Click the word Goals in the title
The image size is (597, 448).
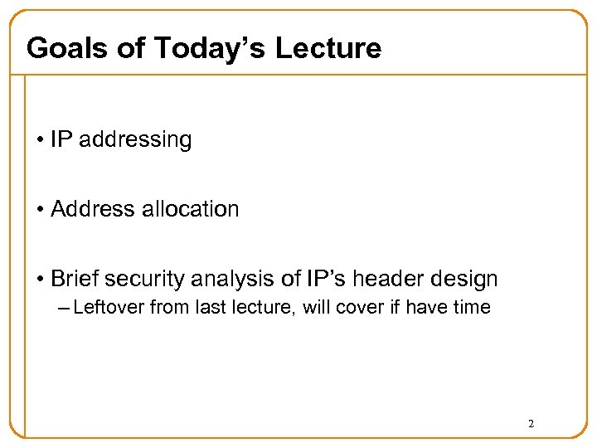(66, 48)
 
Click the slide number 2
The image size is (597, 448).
(531, 424)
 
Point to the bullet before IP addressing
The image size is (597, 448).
(41, 139)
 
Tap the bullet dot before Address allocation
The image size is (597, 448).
(41, 209)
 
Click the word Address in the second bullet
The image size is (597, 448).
(94, 209)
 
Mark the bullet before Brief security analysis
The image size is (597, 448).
(41, 279)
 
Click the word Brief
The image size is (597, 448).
(73, 279)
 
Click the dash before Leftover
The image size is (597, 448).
(65, 308)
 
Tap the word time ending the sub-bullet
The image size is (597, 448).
(473, 308)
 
